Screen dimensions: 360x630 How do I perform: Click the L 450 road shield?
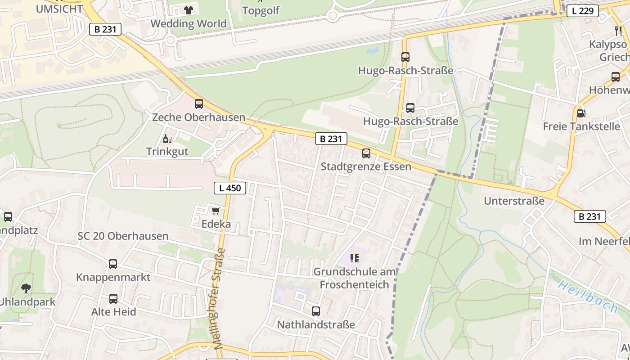click(230, 188)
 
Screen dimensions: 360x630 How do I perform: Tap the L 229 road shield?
click(582, 11)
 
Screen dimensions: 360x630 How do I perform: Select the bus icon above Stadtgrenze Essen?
click(366, 153)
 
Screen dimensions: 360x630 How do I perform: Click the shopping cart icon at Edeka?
click(216, 211)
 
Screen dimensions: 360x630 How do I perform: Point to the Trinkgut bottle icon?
click(167, 139)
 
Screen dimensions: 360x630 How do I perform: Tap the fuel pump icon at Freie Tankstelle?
click(581, 113)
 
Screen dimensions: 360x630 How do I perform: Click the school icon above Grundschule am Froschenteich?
click(355, 258)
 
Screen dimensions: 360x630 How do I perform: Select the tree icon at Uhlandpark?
click(26, 288)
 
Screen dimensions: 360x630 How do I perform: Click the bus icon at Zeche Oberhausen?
click(198, 104)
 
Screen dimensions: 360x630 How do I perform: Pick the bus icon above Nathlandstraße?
click(316, 311)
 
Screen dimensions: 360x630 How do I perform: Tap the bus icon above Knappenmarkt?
click(113, 264)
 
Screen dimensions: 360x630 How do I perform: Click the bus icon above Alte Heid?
click(113, 299)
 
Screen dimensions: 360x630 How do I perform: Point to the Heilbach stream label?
click(589, 297)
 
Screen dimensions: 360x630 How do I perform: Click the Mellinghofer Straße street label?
click(219, 298)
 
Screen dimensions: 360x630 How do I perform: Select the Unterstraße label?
click(514, 201)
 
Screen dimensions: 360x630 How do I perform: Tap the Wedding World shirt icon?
click(188, 10)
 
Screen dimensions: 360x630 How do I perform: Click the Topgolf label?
click(261, 11)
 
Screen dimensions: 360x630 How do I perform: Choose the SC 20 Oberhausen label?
click(123, 236)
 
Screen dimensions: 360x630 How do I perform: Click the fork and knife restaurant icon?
click(618, 31)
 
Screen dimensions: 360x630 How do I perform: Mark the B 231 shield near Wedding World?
click(105, 29)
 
